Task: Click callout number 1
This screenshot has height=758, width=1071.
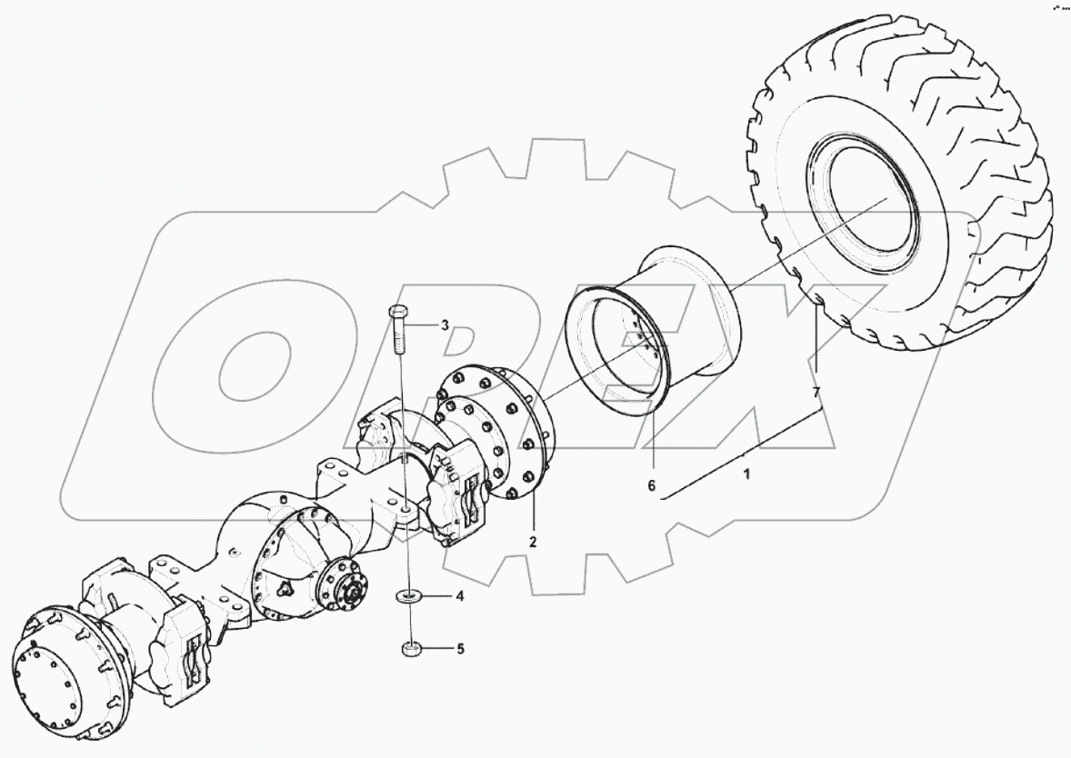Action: point(747,474)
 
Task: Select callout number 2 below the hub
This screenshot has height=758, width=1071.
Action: point(534,542)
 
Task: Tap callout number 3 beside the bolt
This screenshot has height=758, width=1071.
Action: point(445,325)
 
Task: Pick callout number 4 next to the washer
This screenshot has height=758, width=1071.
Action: point(460,597)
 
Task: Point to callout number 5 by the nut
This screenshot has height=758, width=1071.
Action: point(460,649)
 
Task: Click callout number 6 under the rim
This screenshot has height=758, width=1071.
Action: point(651,485)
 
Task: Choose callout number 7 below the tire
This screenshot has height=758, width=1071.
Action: point(816,392)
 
